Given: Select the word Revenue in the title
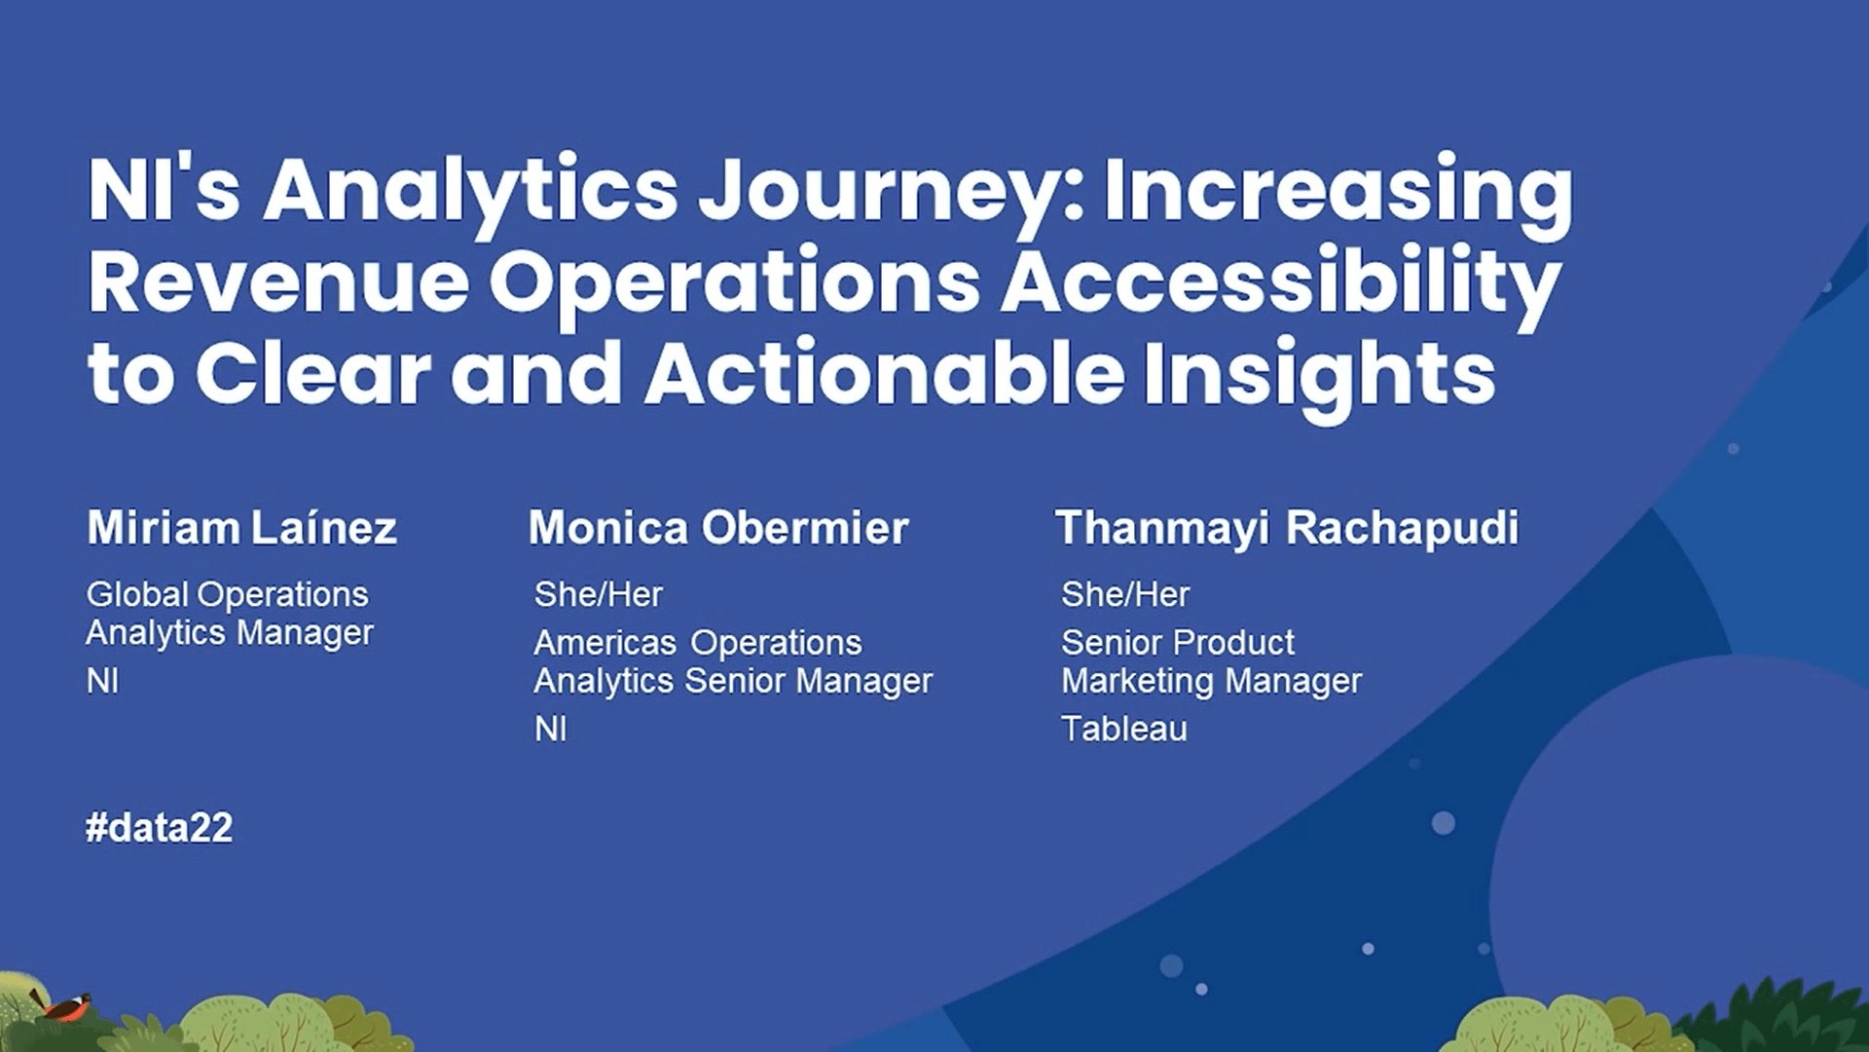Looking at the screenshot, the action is [279, 281].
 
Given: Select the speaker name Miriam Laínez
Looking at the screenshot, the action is [242, 528].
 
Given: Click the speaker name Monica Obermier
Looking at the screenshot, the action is [718, 528].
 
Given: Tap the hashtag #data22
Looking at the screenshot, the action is [160, 828].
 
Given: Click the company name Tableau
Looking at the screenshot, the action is [1124, 729].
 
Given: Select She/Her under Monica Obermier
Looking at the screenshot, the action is [599, 594].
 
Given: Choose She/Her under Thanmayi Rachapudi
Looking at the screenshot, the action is [1125, 594].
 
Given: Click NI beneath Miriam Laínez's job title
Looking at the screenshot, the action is [102, 681].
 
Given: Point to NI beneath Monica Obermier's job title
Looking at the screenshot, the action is [550, 729].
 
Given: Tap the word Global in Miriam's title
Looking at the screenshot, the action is [137, 594].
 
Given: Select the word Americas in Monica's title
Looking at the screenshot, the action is [605, 643].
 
